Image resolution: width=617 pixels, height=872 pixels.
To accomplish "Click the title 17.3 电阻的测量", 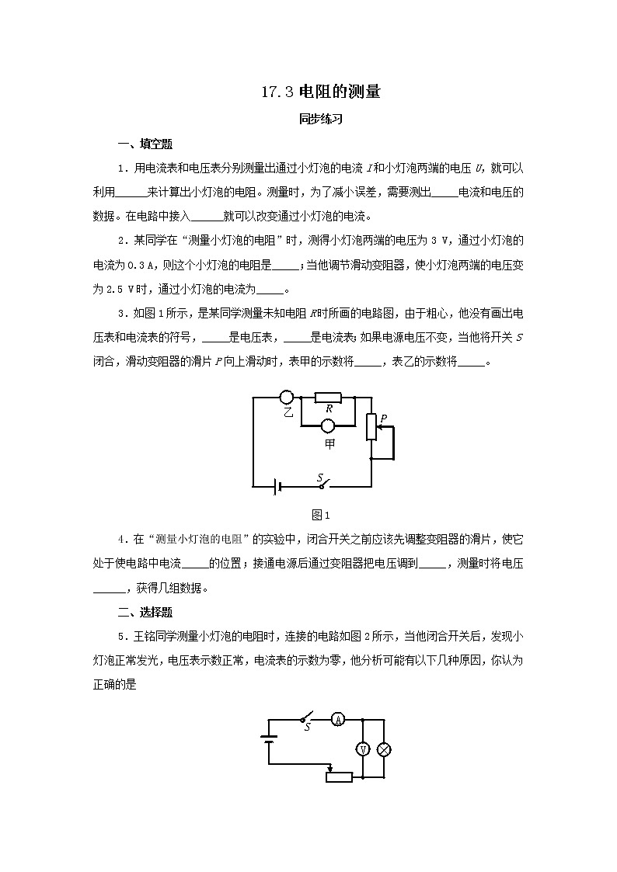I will click(x=320, y=92).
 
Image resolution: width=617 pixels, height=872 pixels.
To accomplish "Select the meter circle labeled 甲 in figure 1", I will click(x=329, y=426).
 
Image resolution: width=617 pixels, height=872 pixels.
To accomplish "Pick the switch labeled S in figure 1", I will click(x=321, y=483).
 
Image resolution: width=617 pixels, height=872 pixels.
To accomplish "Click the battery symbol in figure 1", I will click(x=275, y=487).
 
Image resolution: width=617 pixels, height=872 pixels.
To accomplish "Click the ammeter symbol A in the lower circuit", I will click(x=338, y=719).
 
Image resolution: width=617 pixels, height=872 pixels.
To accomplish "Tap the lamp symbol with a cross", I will click(x=383, y=749).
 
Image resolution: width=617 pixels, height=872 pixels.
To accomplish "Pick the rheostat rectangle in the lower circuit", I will click(x=339, y=776).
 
